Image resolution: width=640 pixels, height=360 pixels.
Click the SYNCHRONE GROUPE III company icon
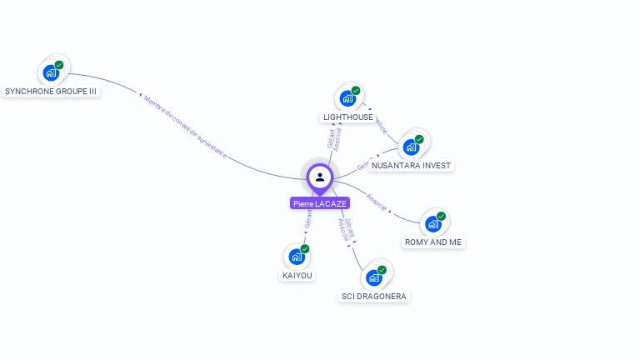pos(51,72)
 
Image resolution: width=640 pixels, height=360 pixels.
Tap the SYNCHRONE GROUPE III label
pos(51,91)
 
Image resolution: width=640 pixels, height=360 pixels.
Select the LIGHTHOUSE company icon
pos(347,98)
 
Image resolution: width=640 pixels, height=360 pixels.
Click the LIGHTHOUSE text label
pos(348,117)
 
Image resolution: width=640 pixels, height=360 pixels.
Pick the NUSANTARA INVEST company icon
pos(411,147)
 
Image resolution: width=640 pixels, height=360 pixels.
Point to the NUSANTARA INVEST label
pos(411,166)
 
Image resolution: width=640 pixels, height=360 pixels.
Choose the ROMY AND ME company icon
pos(432,223)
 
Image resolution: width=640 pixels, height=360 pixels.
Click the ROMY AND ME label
pos(432,242)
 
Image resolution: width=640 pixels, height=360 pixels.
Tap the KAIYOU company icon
pos(296,257)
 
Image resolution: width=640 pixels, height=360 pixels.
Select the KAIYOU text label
pos(297,275)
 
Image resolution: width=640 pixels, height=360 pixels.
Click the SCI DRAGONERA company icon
pos(373,277)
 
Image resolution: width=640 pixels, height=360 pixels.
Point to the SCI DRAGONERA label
pos(375,297)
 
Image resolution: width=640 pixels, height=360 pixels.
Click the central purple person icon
pos(320,177)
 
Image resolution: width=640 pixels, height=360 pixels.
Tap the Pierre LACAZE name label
pos(320,203)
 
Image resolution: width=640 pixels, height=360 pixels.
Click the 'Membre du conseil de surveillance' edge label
pos(185,125)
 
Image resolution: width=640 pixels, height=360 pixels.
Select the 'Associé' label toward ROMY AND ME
pos(377,202)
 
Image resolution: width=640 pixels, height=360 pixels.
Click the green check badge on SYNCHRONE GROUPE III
pos(59,65)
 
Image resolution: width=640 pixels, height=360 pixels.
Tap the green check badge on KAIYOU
pos(305,249)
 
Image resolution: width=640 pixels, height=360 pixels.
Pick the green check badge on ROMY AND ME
pos(441,216)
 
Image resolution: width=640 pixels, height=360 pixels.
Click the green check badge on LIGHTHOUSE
pos(356,91)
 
